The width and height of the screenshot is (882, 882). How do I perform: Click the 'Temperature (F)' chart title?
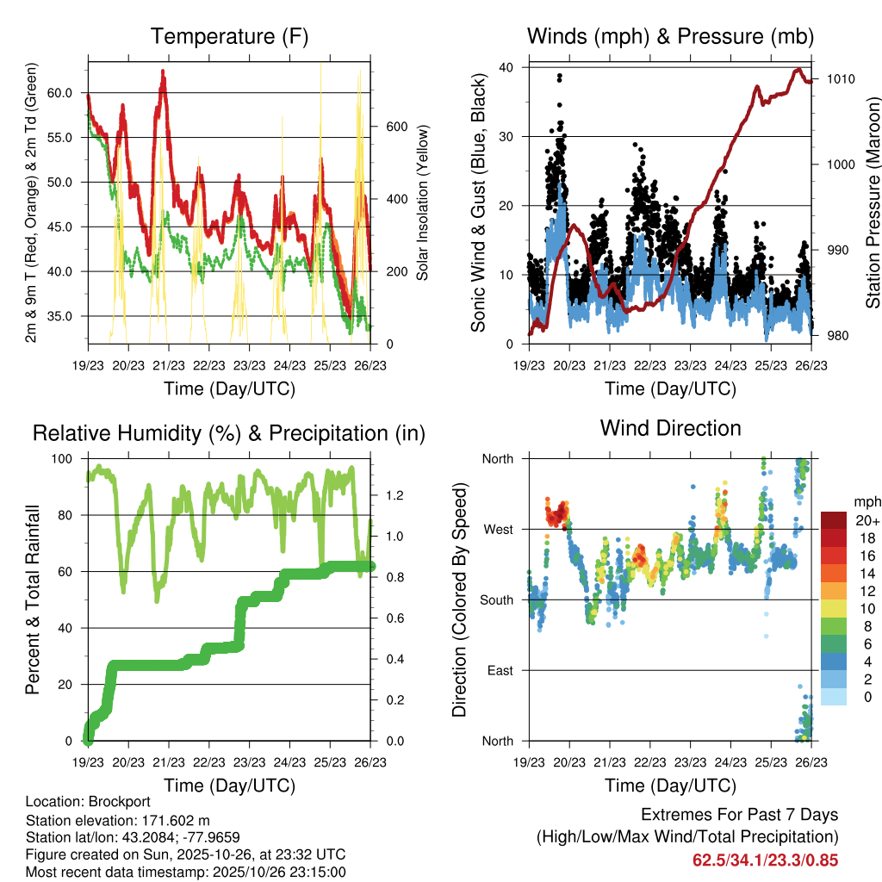coord(229,36)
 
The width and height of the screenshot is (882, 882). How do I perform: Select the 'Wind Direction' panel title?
coord(670,428)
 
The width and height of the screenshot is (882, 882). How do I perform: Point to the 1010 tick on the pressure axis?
coord(839,79)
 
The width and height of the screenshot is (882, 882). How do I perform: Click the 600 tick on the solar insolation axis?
coord(394,127)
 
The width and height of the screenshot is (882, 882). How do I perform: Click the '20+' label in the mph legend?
coord(864,520)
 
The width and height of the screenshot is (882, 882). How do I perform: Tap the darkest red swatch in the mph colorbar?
coord(833,520)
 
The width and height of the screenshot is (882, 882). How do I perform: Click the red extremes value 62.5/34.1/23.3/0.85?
coord(765,860)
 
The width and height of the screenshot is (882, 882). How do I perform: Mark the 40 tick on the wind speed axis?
coord(506,67)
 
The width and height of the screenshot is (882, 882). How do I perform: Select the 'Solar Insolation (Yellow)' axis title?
coord(423,203)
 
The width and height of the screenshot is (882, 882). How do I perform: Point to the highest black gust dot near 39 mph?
coord(560,75)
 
